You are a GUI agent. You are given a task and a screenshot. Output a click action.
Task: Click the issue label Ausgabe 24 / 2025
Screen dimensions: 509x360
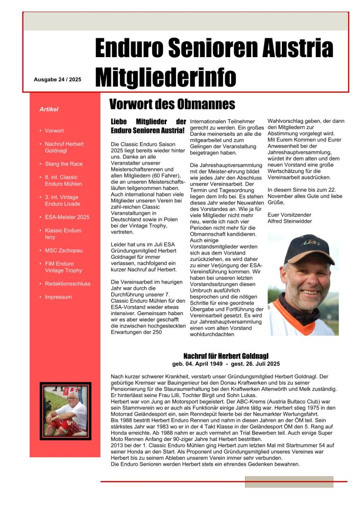tap(57, 80)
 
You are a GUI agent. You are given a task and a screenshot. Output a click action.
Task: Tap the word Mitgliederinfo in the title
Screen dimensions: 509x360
tap(166, 77)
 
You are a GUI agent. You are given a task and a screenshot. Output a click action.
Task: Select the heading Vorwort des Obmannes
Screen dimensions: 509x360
tap(172, 104)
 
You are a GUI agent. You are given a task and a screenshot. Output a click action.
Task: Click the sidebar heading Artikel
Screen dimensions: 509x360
tap(49, 109)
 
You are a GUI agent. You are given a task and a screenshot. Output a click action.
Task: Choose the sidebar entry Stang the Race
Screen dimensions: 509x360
tap(64, 164)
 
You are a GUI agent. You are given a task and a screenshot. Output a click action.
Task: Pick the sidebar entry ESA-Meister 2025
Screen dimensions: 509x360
tap(67, 217)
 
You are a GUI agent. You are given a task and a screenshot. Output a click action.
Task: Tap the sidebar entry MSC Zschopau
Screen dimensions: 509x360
tap(64, 251)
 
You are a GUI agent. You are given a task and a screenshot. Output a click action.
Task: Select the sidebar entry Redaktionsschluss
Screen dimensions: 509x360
tap(68, 284)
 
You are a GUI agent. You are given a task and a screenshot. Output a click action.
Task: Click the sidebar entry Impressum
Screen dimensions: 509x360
tap(58, 297)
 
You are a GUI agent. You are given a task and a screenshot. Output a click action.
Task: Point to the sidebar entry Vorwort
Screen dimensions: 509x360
tap(54, 131)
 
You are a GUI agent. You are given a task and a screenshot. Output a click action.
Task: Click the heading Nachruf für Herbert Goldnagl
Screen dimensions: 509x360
tap(226, 356)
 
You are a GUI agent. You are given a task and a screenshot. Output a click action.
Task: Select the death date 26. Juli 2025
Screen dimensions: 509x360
tap(261, 364)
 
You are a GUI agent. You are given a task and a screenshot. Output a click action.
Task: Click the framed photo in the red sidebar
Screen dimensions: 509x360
tap(66, 411)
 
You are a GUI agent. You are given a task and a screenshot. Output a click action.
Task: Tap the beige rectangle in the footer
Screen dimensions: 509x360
tap(289, 482)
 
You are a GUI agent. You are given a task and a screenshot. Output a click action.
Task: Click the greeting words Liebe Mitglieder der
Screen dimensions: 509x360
tap(148, 122)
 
